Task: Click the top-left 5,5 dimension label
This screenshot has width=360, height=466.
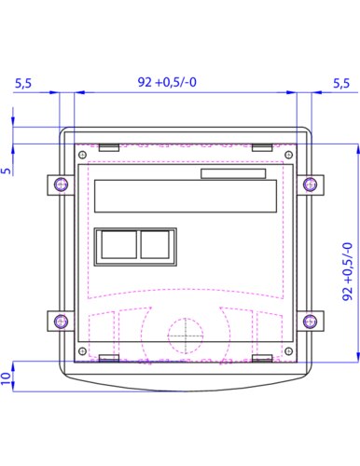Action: [23, 84]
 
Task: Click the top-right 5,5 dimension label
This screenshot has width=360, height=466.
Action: [341, 84]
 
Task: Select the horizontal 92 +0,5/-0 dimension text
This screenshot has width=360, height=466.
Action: [167, 82]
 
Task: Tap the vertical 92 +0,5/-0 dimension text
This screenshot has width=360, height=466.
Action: [347, 271]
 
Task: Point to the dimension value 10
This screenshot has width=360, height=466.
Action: [6, 378]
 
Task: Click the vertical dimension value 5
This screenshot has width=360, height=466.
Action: [6, 171]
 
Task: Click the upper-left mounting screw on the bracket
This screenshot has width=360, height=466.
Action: [61, 185]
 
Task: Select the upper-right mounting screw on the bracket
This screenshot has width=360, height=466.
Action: [310, 185]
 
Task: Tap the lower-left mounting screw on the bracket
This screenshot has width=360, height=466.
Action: [61, 321]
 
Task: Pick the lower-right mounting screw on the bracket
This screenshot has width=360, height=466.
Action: [310, 321]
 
